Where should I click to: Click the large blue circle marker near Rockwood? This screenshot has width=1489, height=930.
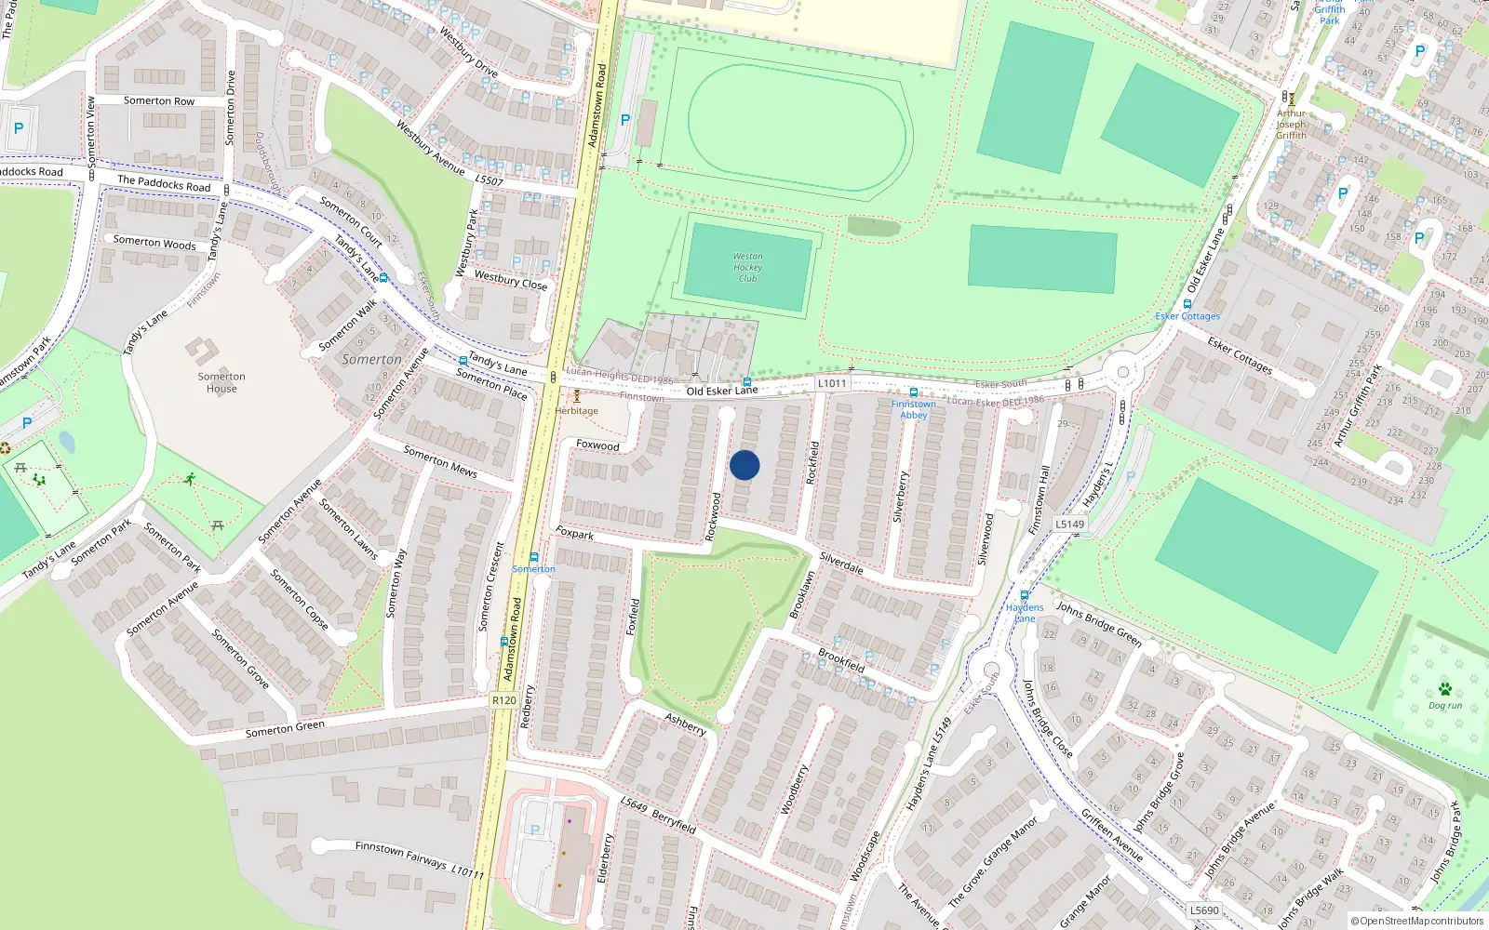[744, 465]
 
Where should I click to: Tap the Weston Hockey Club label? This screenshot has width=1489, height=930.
[747, 268]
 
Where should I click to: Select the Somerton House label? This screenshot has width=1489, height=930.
[221, 382]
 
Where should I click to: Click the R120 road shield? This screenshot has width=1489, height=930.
[503, 700]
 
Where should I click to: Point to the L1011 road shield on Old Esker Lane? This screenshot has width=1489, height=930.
[832, 383]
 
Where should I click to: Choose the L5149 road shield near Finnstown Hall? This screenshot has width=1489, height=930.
[1069, 525]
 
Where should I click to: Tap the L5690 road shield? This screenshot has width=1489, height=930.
[1204, 910]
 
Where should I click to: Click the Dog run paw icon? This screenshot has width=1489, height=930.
[1444, 689]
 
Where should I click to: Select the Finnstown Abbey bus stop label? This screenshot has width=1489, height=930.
[913, 409]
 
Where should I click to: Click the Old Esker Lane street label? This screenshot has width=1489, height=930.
[722, 391]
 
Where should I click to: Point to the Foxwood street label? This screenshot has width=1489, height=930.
[597, 445]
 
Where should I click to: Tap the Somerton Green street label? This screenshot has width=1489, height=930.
[285, 728]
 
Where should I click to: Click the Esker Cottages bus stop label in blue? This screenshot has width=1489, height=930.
[1187, 316]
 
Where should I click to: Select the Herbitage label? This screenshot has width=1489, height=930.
[577, 410]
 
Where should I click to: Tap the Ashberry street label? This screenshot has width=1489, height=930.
[686, 724]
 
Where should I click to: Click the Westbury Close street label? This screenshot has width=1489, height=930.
[511, 280]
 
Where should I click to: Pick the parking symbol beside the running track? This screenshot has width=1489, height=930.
[625, 120]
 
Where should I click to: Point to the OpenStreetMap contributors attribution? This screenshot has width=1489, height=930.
[1416, 921]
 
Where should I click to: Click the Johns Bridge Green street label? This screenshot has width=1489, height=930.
[1098, 624]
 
